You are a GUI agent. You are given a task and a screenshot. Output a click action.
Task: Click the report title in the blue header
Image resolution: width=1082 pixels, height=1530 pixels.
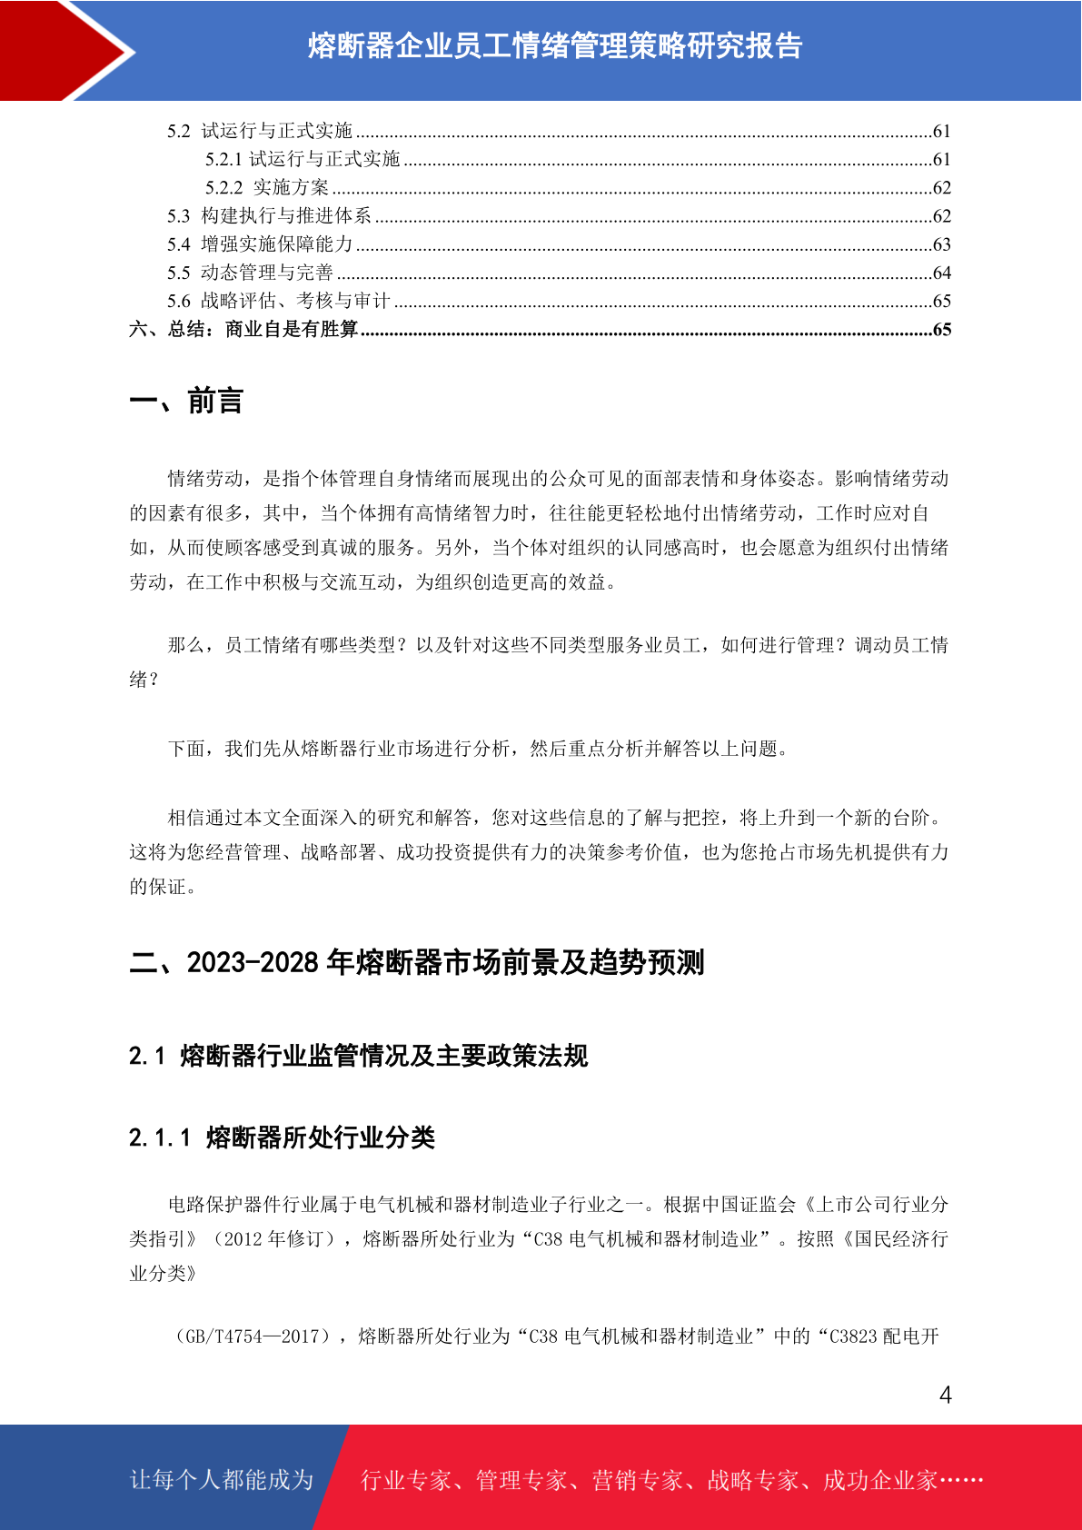(x=554, y=45)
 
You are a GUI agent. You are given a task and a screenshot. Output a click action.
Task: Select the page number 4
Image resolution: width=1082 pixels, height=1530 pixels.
(x=945, y=1396)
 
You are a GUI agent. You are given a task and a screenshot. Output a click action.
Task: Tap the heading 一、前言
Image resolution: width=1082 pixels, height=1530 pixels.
(x=186, y=401)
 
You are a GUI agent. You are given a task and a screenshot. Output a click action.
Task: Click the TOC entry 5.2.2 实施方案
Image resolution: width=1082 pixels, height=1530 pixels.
(x=267, y=188)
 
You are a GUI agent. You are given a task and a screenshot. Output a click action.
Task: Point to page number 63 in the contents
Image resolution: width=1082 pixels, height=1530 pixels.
(x=941, y=244)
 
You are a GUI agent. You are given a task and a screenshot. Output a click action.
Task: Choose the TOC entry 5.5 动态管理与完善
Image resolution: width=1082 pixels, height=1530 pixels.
(x=250, y=273)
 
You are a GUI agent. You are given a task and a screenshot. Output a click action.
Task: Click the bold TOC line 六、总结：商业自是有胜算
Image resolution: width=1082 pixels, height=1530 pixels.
(x=243, y=329)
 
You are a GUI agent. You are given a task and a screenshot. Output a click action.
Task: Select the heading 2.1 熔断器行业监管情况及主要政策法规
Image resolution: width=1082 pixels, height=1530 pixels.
(x=358, y=1056)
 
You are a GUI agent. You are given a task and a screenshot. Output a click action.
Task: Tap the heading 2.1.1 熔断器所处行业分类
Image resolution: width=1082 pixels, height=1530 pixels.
(x=282, y=1138)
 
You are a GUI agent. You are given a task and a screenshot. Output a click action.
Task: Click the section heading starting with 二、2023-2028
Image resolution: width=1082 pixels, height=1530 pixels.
(x=417, y=962)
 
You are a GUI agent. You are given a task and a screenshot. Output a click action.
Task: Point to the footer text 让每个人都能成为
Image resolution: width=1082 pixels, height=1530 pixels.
(x=222, y=1480)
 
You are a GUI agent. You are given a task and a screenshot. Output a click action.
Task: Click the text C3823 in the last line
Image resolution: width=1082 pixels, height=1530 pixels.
(x=853, y=1336)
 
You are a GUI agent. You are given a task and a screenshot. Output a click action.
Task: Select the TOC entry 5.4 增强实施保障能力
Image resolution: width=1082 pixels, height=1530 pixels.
(x=260, y=244)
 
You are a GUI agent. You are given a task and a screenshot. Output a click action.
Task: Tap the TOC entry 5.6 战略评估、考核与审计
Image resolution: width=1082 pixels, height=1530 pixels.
(x=278, y=301)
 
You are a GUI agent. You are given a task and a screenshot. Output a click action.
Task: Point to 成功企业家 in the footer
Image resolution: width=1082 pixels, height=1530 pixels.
(x=879, y=1481)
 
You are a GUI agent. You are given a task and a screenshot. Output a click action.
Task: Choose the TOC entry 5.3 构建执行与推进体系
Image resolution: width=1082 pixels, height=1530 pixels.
(x=269, y=216)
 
